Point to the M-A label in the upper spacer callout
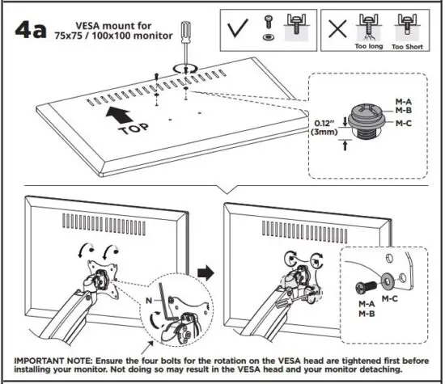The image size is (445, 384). pyautogui.click(x=405, y=100)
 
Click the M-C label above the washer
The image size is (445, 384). pyautogui.click(x=391, y=298)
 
